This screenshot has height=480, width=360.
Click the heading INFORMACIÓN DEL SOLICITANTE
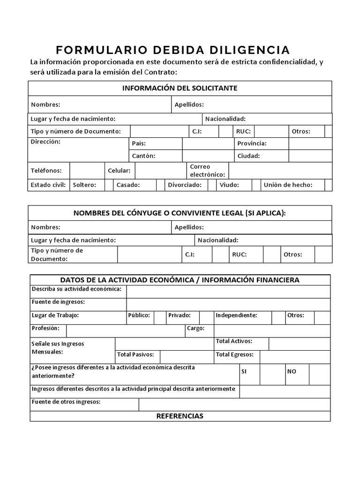click(180, 88)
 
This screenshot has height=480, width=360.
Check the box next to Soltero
click(109, 185)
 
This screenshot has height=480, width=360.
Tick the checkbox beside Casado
click(160, 185)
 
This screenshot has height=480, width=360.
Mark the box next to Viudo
click(256, 185)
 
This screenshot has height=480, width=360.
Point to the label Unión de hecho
click(288, 185)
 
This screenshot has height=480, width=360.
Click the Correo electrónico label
click(207, 171)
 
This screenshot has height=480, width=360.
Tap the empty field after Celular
click(160, 171)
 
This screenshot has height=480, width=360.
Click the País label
click(139, 143)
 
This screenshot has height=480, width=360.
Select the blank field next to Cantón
click(208, 156)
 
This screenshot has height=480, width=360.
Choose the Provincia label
click(252, 143)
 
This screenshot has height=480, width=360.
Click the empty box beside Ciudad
click(310, 156)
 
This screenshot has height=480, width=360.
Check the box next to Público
click(160, 317)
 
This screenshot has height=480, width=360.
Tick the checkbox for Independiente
click(278, 317)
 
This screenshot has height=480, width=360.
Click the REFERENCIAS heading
click(180, 416)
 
